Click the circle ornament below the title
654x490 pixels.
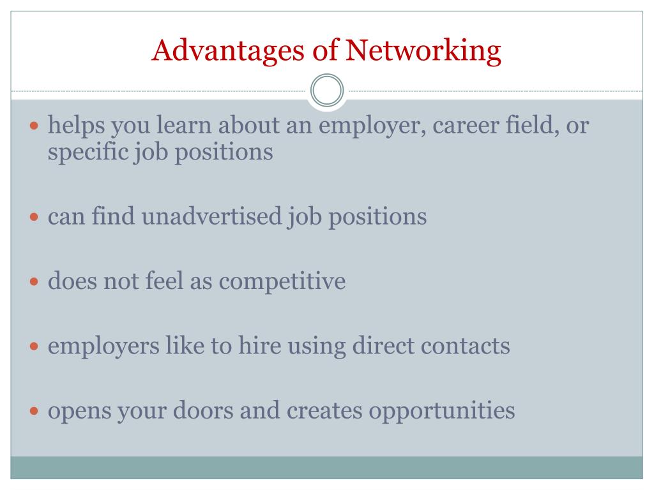pyautogui.click(x=327, y=91)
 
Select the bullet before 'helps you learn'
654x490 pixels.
pyautogui.click(x=35, y=126)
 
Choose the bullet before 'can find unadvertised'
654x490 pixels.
pyautogui.click(x=35, y=218)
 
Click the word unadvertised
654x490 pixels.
pyautogui.click(x=211, y=217)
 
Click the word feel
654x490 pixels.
pyautogui.click(x=165, y=281)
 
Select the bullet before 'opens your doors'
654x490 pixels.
pyautogui.click(x=35, y=412)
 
